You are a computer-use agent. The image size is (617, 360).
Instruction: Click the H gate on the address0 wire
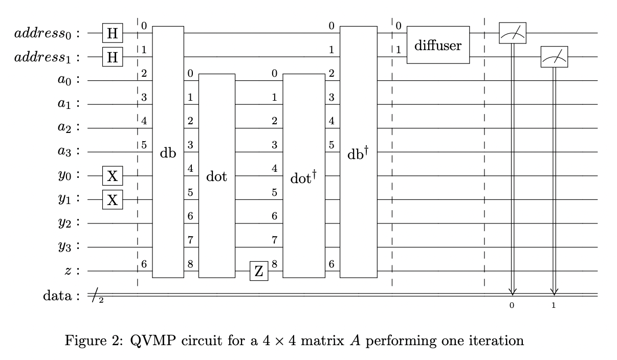click(x=113, y=33)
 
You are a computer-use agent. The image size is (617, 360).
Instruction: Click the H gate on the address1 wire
click(x=113, y=57)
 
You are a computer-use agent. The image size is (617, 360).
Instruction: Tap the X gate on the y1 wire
click(x=113, y=199)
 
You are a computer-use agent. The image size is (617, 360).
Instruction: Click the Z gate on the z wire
click(x=259, y=271)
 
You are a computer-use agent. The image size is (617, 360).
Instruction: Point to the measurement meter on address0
click(x=512, y=33)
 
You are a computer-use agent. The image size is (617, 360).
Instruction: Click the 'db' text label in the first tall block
click(x=168, y=152)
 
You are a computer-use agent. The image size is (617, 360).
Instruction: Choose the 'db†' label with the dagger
click(x=358, y=152)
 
